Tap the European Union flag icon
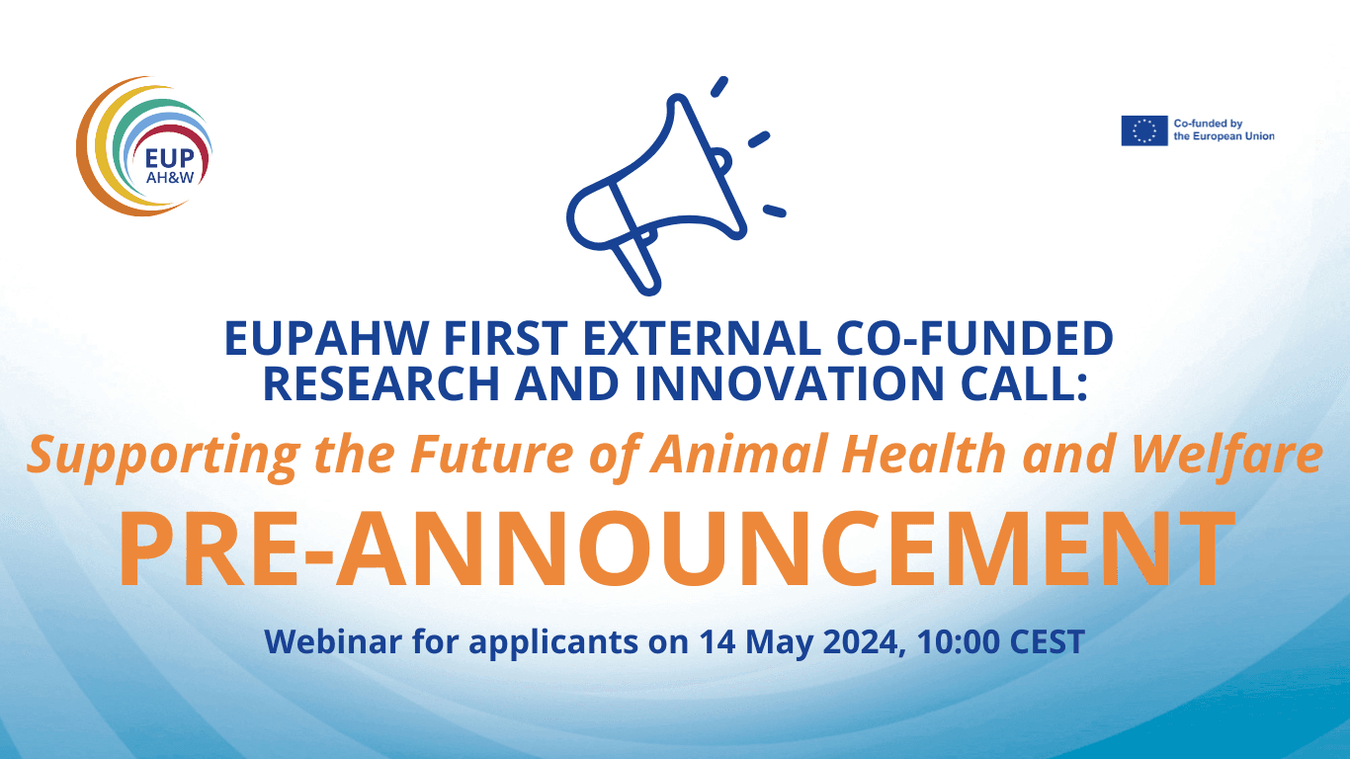click(1143, 130)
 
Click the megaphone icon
click(675, 187)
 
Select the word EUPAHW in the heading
click(326, 338)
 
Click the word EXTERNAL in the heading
click(702, 338)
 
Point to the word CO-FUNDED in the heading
click(974, 338)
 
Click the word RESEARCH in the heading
click(381, 383)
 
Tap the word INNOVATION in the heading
click(790, 383)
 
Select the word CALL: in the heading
click(1024, 383)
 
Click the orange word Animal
click(737, 454)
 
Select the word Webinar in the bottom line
click(333, 641)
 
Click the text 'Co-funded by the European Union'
click(1223, 130)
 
